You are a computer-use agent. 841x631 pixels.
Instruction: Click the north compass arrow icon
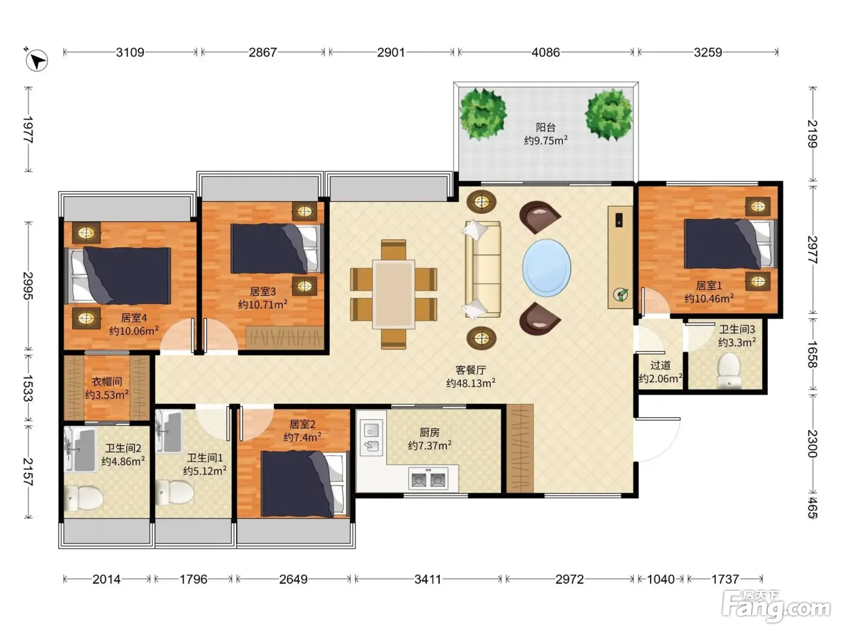pos(36,60)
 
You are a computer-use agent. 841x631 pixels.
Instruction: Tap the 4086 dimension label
pos(545,52)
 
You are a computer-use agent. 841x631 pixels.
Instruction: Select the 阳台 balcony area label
pos(545,127)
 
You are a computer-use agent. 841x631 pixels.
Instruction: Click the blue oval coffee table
pos(547,267)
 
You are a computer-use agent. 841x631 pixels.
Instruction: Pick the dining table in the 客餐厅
pos(393,294)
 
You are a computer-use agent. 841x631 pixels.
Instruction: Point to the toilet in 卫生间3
pos(728,370)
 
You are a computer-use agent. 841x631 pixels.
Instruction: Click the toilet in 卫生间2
pos(83,498)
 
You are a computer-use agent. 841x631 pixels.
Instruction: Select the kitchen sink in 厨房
pos(371,437)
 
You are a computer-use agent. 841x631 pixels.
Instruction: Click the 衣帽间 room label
pos(107,381)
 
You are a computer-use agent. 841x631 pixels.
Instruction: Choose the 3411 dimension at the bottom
pos(428,579)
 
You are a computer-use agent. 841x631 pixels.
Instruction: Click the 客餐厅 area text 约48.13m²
pos(470,383)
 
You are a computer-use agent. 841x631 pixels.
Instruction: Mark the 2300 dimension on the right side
pos(812,444)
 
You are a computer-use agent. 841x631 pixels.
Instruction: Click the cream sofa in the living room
pos(482,269)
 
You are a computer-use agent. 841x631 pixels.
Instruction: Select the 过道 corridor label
pos(660,365)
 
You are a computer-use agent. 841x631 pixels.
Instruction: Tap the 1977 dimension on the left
pos(28,130)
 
